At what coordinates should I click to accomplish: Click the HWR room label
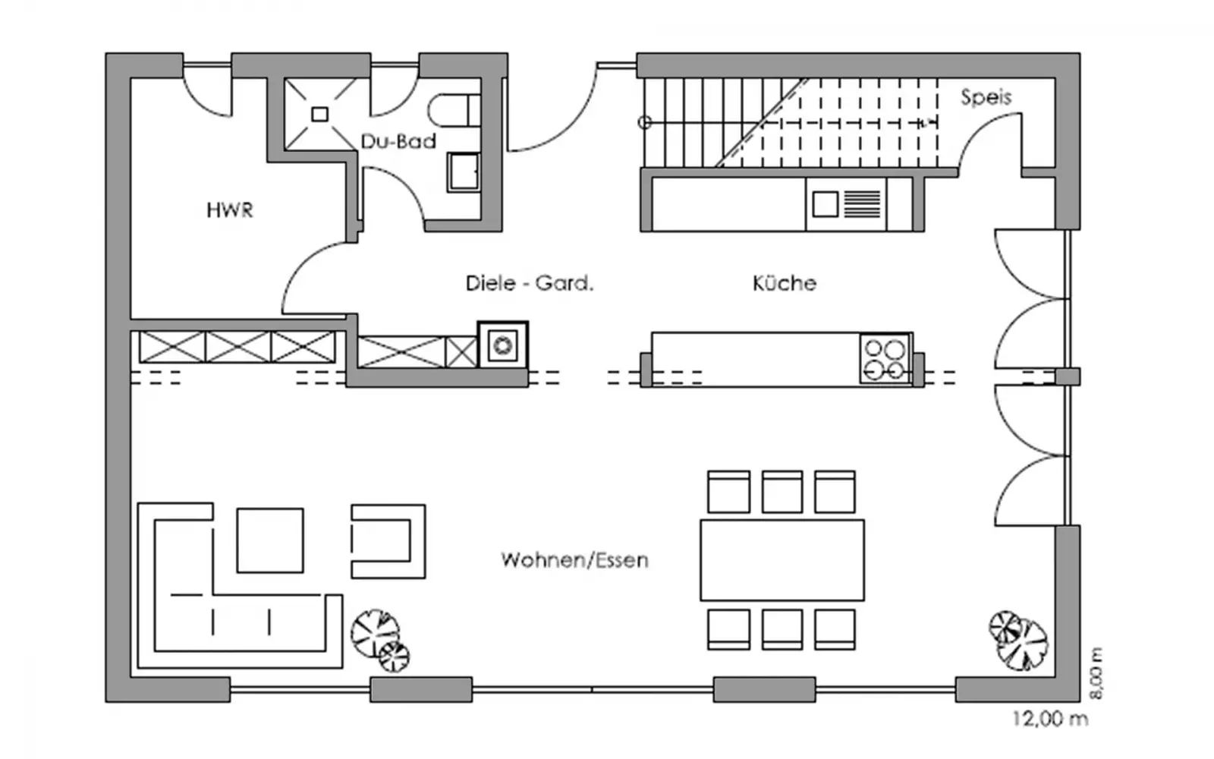coord(229,210)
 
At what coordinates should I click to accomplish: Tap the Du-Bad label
coord(398,141)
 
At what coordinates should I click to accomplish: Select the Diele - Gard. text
coord(529,284)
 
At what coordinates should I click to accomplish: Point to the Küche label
coord(784,284)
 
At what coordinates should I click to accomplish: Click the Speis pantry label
coord(986,97)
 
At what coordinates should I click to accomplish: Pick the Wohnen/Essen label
coord(574,561)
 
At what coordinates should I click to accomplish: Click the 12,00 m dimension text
coord(1049,718)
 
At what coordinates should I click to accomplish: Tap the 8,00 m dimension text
coord(1096,673)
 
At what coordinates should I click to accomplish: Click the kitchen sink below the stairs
coord(826,204)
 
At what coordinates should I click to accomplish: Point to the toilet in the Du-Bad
coord(454,111)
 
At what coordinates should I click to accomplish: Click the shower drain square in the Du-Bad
coord(319,115)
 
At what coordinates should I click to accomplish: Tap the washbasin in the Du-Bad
coord(463,172)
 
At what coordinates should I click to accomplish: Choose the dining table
coord(782,560)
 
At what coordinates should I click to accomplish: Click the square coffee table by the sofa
coord(270,540)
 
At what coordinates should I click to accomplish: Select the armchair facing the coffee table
coord(388,540)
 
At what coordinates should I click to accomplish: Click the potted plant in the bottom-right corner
coord(1018,640)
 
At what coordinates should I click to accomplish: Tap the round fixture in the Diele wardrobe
coord(502,346)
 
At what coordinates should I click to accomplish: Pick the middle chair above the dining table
coord(782,492)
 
